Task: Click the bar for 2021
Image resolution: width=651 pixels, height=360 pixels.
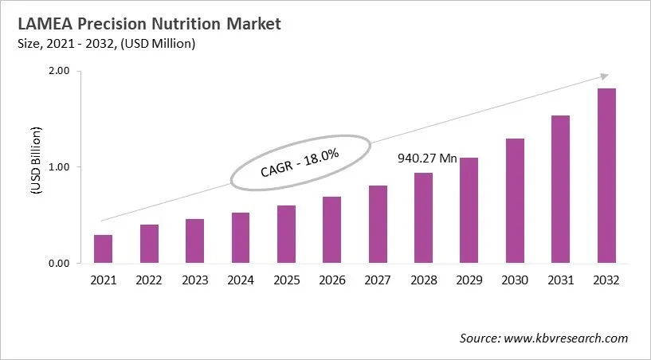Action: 103,248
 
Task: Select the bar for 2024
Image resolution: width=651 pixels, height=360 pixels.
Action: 240,237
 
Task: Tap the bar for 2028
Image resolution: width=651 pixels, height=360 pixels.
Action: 423,217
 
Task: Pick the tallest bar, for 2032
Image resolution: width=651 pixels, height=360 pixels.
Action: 606,175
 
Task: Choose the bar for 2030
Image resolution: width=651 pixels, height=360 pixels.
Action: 515,201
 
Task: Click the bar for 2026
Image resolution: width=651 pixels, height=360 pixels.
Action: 331,229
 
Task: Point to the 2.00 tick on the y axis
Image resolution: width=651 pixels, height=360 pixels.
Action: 61,71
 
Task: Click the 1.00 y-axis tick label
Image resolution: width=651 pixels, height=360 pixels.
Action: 61,167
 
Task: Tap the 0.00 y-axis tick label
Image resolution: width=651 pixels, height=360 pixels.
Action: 61,264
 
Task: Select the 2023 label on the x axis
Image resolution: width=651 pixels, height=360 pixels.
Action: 194,280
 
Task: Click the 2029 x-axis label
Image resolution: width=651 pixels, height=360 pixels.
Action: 469,280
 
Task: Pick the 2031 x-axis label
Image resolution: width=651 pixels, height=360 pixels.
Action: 561,280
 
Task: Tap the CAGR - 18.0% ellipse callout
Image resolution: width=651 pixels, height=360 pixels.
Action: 300,162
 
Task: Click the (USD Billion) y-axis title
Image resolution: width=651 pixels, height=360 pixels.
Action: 36,166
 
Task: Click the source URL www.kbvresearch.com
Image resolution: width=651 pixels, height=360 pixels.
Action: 566,338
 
